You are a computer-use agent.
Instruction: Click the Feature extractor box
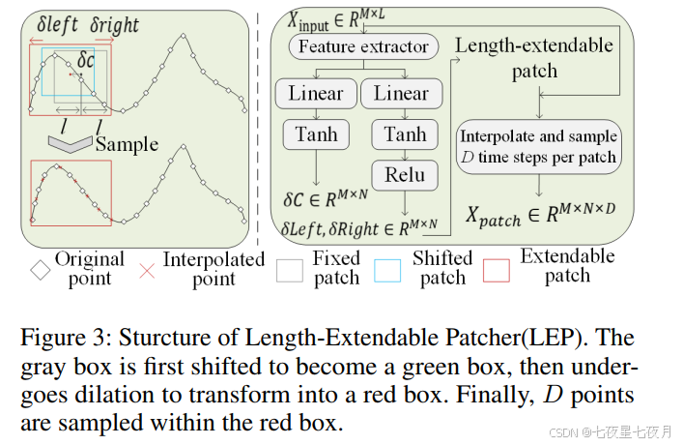point(362,46)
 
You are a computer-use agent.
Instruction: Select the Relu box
point(404,175)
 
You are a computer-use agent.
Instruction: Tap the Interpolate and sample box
point(538,146)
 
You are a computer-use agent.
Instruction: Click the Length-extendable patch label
point(533,58)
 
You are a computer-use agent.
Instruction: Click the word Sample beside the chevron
point(127,144)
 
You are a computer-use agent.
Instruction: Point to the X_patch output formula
point(542,219)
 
